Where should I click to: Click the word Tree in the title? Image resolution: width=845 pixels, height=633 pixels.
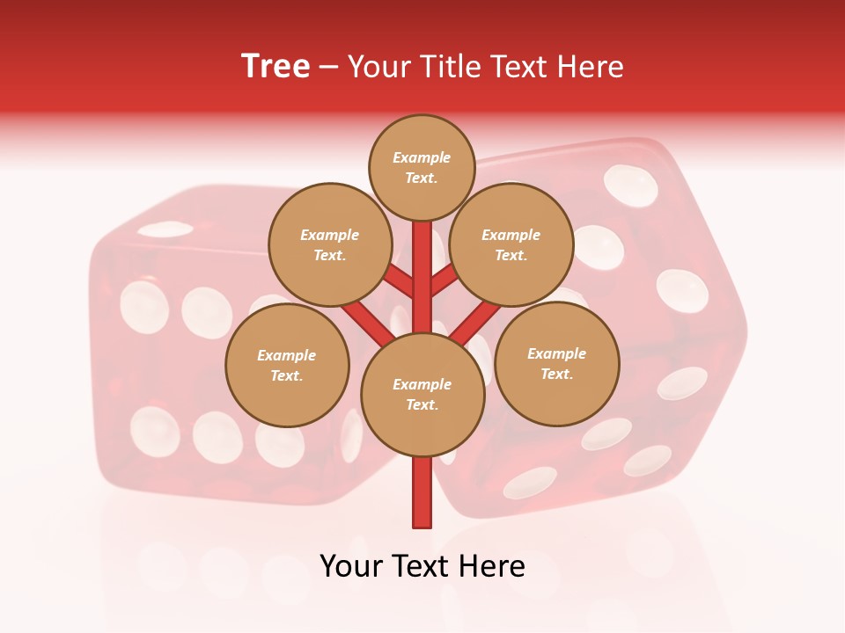coord(276,67)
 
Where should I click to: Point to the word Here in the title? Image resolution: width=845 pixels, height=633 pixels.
coord(591,67)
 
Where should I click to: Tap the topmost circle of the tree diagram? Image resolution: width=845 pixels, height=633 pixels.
coord(422,167)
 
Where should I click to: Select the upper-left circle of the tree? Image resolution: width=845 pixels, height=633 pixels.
coord(329,244)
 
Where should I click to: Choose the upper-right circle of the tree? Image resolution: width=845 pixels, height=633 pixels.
coord(511,244)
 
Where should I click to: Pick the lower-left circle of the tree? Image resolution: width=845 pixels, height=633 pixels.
coord(286,365)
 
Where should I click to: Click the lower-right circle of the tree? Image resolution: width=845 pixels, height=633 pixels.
coord(556,363)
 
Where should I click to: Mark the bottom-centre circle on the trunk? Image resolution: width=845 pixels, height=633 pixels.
coord(422,394)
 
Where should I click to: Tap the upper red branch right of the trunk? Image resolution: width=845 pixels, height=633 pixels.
coord(445,281)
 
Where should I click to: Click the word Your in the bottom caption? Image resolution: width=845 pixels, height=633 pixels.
coord(349,566)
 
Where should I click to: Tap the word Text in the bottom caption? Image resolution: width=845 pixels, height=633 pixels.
coord(422,566)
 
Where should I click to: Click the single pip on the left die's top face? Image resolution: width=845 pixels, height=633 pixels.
coord(165,229)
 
